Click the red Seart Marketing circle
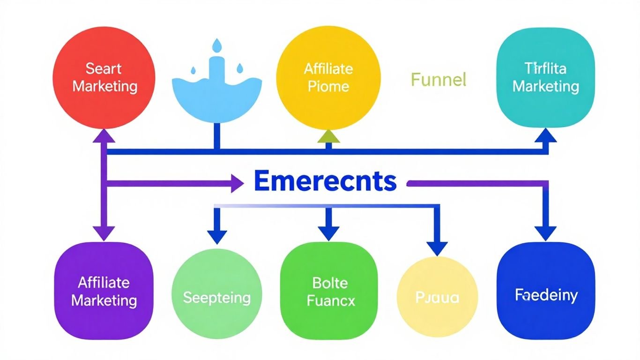[x=104, y=77]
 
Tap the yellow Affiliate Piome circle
[x=328, y=77]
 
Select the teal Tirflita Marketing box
[x=545, y=77]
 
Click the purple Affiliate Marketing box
[x=104, y=291]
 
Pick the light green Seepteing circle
[x=216, y=297]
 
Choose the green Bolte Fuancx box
[x=328, y=291]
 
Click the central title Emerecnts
[x=325, y=181]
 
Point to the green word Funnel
[x=439, y=80]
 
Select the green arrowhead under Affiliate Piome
[x=328, y=136]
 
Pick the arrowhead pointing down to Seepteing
[x=216, y=236]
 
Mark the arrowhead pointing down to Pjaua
[x=437, y=248]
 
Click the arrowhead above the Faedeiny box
[x=545, y=233]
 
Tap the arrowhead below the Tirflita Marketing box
[x=545, y=136]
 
